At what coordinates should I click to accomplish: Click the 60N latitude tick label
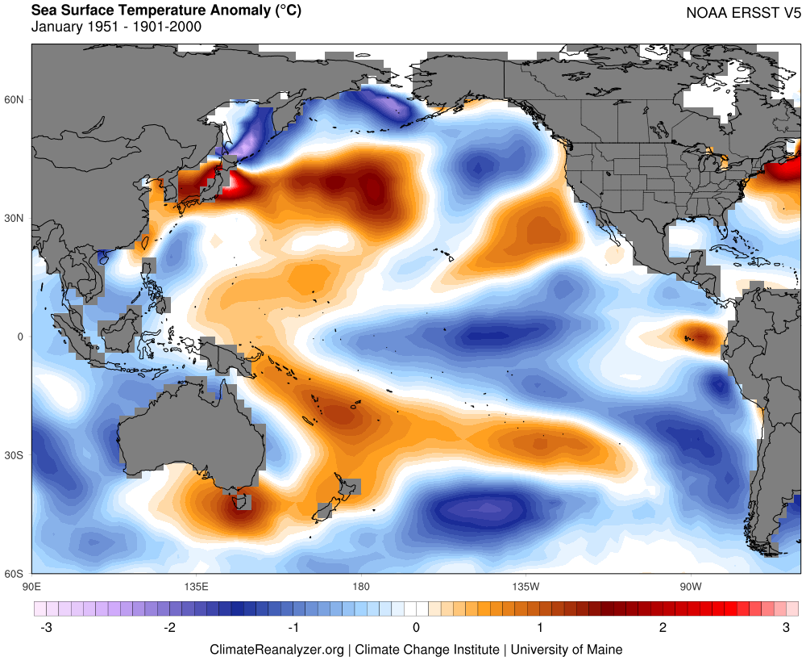pyautogui.click(x=15, y=99)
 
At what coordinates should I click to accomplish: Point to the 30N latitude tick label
pyautogui.click(x=15, y=218)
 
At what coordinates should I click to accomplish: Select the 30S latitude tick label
pyautogui.click(x=15, y=455)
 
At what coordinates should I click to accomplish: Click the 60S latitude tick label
pyautogui.click(x=15, y=574)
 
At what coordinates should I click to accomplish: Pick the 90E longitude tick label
pyautogui.click(x=31, y=585)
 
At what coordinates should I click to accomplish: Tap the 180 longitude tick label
pyautogui.click(x=360, y=585)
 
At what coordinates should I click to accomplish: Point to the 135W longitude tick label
pyautogui.click(x=525, y=585)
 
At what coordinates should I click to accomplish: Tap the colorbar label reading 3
pyautogui.click(x=786, y=627)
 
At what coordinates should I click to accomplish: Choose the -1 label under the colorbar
pyautogui.click(x=293, y=627)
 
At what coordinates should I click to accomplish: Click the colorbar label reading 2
pyautogui.click(x=663, y=627)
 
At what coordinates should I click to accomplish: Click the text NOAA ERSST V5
pyautogui.click(x=742, y=13)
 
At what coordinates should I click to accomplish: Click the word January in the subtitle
pyautogui.click(x=56, y=27)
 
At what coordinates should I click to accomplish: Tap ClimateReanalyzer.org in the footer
pyautogui.click(x=277, y=649)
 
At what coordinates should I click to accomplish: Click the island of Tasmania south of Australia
pyautogui.click(x=239, y=502)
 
